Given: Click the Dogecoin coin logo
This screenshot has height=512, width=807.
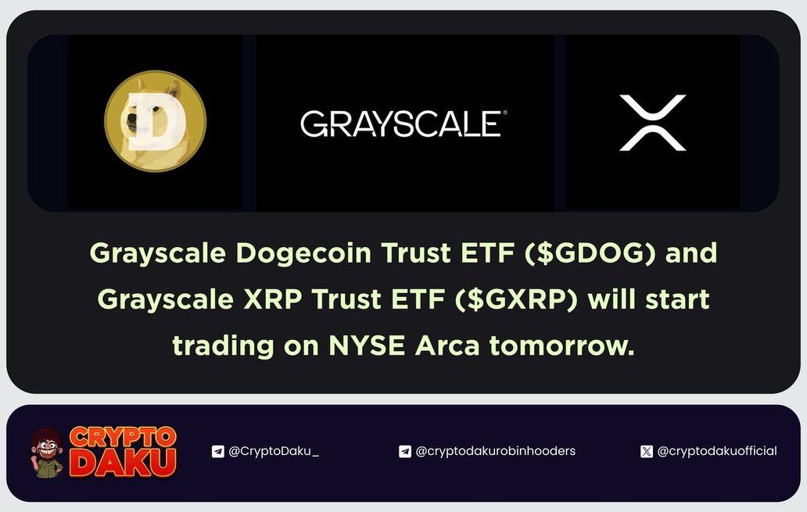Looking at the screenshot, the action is coord(156,121).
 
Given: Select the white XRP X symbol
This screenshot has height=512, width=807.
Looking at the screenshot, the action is coord(653,123).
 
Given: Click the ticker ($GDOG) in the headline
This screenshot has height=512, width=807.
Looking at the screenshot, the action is coord(590,252).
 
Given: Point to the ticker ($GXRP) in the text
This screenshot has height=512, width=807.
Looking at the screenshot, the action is coord(516,299).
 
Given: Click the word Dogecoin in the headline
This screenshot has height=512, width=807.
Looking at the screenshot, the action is coord(303,253).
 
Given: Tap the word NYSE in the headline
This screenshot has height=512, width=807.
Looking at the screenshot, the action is coord(367,346).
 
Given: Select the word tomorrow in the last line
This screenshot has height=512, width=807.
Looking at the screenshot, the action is coord(561,346).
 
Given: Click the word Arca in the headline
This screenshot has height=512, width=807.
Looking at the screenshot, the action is coord(447,346).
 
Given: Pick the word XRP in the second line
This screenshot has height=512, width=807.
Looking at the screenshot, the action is coord(273,299).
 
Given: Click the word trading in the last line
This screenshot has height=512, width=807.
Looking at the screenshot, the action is coord(223,346).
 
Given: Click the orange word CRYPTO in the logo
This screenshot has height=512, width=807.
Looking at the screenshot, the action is coord(123,438).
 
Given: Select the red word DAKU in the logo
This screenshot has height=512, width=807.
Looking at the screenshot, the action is coord(123,463).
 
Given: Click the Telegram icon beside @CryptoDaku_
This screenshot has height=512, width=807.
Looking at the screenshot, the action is coord(217,451).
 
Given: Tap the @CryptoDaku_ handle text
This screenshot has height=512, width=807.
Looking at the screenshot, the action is coord(273,451).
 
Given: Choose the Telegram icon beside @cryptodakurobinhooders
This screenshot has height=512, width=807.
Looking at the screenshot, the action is coord(405,451).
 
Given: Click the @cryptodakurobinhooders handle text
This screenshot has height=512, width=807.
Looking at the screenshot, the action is coord(495,451).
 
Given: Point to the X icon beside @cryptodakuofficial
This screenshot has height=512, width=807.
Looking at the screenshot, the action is coord(647,451).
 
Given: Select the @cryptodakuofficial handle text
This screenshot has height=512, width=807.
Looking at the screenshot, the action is coord(717,451).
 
